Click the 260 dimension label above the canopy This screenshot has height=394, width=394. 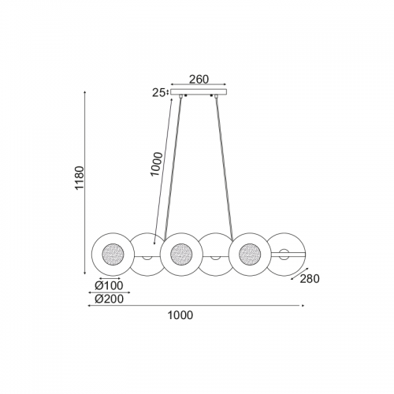(x=199, y=79)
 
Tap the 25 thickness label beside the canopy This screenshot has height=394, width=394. (x=158, y=93)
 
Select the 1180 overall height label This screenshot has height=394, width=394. (x=79, y=177)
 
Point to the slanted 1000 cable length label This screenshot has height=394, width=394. (x=157, y=164)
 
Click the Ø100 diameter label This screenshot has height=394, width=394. (x=109, y=285)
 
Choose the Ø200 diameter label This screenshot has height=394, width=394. (x=109, y=299)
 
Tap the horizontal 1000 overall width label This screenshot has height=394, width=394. (x=180, y=315)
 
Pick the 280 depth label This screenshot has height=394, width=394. (x=310, y=279)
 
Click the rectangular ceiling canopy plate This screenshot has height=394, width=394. (x=199, y=92)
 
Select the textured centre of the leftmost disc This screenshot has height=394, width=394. (x=113, y=255)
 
